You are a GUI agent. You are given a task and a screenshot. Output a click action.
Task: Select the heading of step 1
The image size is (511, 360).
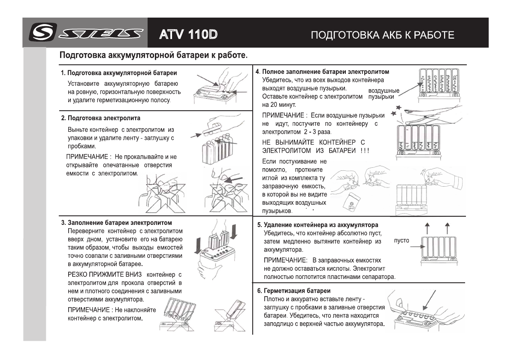click(x=119, y=73)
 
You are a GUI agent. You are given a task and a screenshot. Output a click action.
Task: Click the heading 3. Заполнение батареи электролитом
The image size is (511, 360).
click(x=116, y=223)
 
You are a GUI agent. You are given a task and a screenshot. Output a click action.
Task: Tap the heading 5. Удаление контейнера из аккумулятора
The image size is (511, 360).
click(x=317, y=225)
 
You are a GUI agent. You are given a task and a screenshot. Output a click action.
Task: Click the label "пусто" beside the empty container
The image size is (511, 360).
click(x=402, y=241)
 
